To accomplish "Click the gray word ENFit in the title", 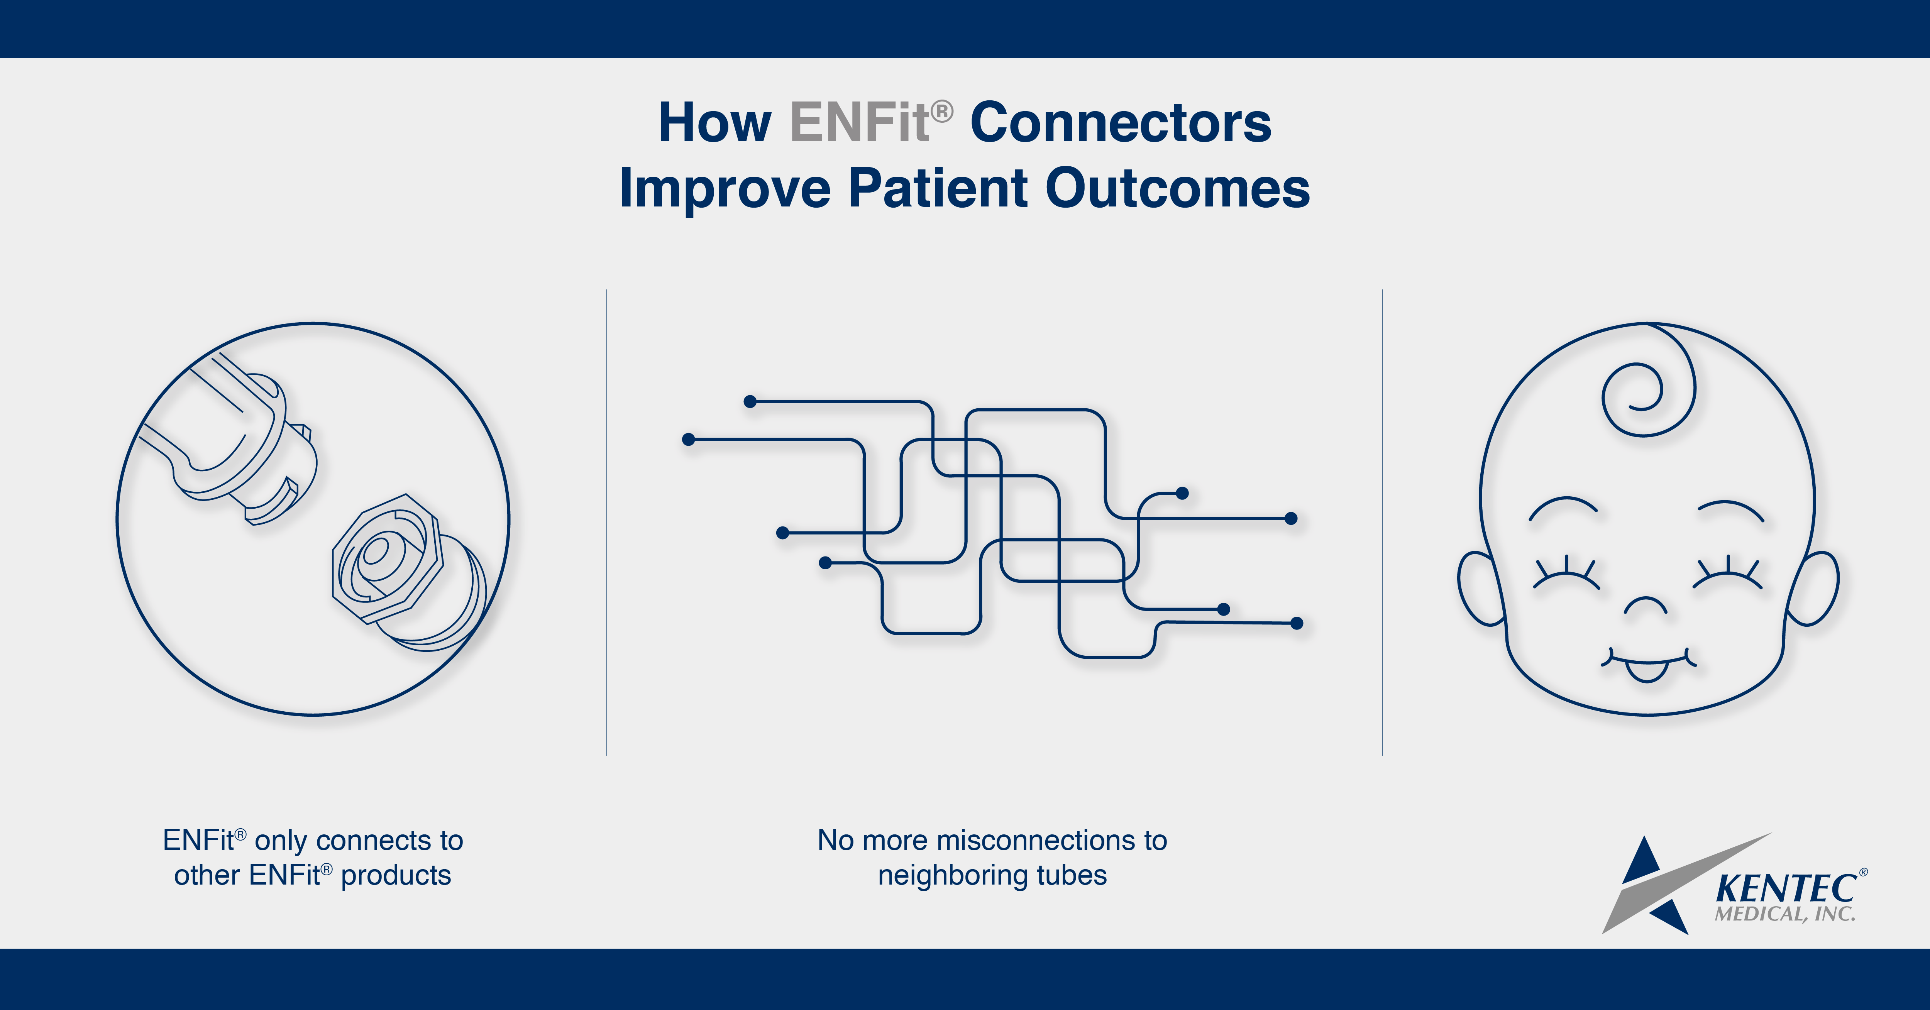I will (x=860, y=124).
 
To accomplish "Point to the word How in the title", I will (x=714, y=124).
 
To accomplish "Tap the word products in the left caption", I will (x=396, y=876).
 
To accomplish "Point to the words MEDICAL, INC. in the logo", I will (x=1784, y=914).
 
